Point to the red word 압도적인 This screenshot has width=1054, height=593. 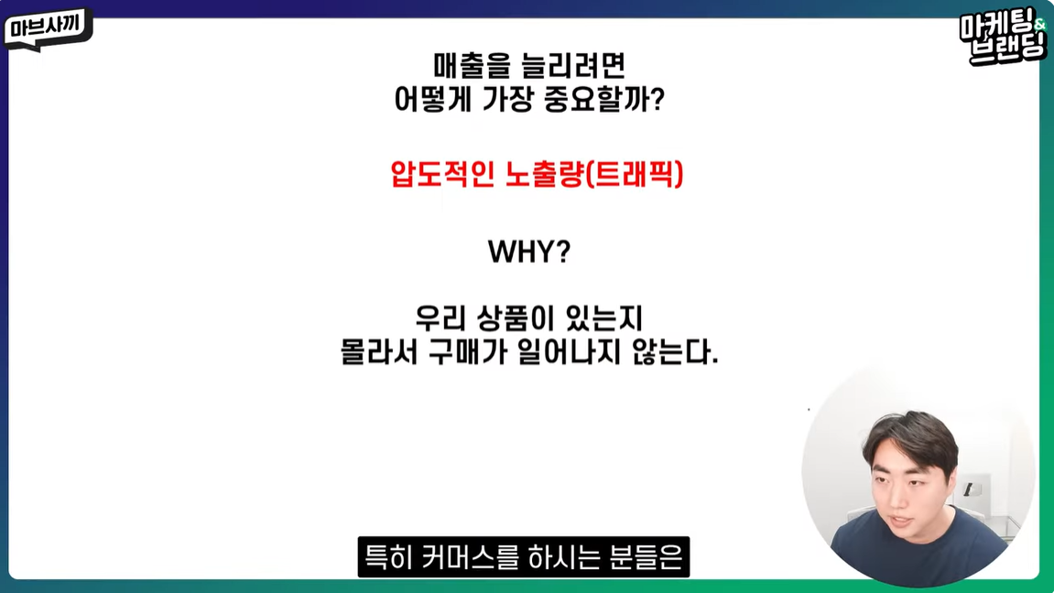click(442, 174)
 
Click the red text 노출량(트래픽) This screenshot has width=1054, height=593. click(594, 174)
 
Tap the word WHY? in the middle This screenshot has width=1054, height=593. click(529, 252)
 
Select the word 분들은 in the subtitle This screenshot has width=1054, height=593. click(647, 556)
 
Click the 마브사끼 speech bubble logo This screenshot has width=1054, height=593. click(48, 28)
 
